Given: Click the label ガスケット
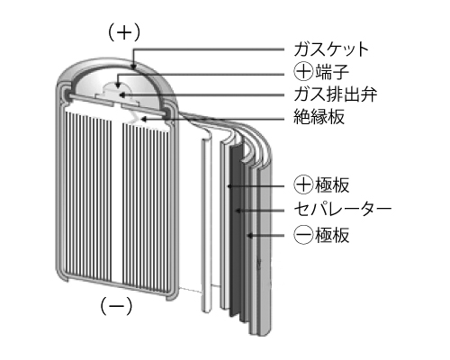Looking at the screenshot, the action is tap(331, 49).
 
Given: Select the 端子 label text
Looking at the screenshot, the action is tap(332, 72).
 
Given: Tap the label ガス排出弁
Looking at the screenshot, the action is tap(335, 94).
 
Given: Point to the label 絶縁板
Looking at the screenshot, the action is tap(319, 117).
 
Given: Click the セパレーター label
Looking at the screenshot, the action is tap(343, 209).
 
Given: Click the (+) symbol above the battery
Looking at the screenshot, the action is tap(124, 32).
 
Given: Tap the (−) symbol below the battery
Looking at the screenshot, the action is tap(116, 306).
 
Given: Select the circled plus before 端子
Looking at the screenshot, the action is tap(303, 72).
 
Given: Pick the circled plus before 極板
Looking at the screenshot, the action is tap(303, 185).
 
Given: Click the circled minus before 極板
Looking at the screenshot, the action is tap(303, 235).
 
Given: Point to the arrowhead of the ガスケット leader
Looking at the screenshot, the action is tap(133, 67).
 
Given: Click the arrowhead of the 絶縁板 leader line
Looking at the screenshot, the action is tap(143, 120).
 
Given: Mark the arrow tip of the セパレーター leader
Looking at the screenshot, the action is tap(238, 211).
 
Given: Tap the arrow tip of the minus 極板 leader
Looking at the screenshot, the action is tap(248, 236).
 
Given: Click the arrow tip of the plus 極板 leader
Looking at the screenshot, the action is tap(229, 186).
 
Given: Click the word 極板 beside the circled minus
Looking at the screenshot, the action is tap(332, 235).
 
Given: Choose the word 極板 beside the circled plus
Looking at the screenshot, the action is tap(332, 185).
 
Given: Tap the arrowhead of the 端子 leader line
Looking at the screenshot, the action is tap(118, 86).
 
